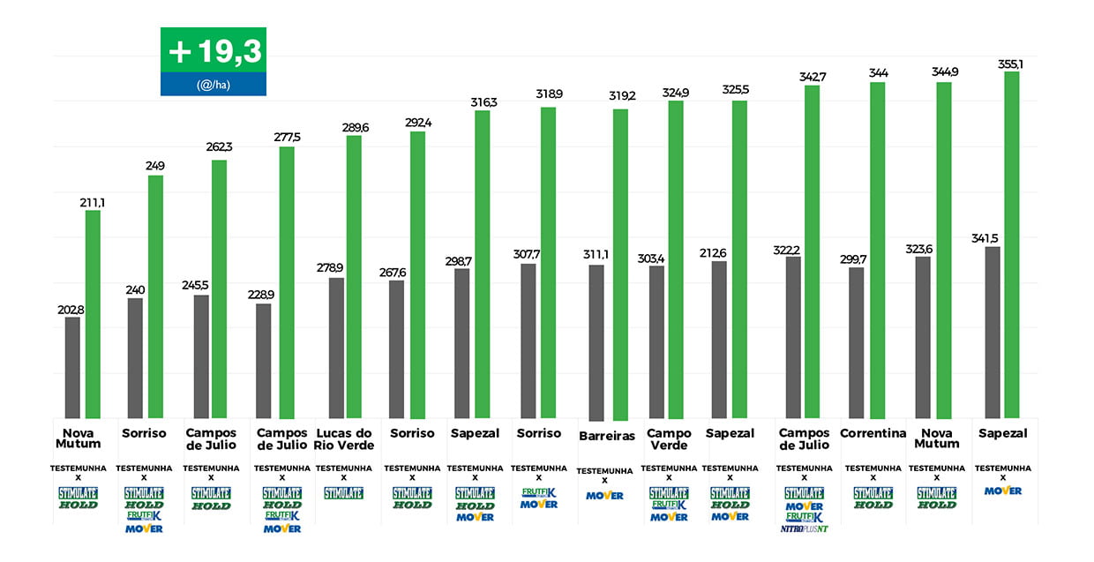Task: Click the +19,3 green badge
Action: [x=214, y=50]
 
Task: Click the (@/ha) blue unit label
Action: [x=214, y=85]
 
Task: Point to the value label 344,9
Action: [x=945, y=71]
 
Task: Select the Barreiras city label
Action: [x=607, y=436]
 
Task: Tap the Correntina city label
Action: [x=873, y=433]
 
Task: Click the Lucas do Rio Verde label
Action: [x=343, y=439]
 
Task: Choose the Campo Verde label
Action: [x=669, y=439]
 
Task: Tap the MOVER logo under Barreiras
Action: [x=605, y=496]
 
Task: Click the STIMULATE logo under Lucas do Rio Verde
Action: [x=343, y=493]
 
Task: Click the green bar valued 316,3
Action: [x=483, y=264]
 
